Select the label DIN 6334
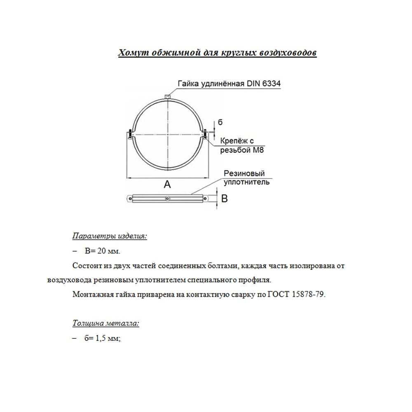pyautogui.click(x=264, y=84)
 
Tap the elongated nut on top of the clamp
pyautogui.click(x=168, y=96)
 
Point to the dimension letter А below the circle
pyautogui.click(x=167, y=184)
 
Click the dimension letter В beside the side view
pyautogui.click(x=225, y=199)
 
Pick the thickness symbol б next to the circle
pyautogui.click(x=220, y=122)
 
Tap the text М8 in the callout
pyautogui.click(x=258, y=150)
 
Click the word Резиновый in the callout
pyautogui.click(x=244, y=173)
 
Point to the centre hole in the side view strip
pyautogui.click(x=167, y=199)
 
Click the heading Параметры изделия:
pyautogui.click(x=110, y=236)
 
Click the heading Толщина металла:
pyautogui.click(x=106, y=323)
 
